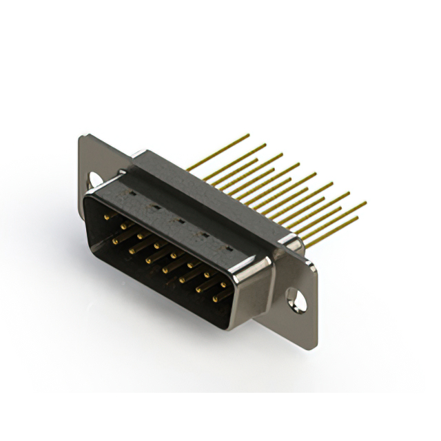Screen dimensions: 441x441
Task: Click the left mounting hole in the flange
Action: coord(94,180)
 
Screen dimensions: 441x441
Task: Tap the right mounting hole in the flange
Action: coord(296,300)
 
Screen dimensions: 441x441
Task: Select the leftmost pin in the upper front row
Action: coord(107,217)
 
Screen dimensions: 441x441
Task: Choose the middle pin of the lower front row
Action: coord(165,269)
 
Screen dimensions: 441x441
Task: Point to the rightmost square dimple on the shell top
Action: coord(228,247)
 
